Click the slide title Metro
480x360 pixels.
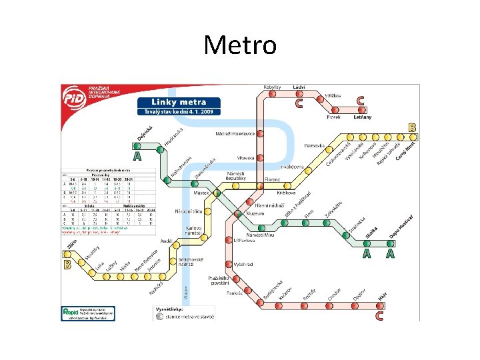pyautogui.click(x=240, y=45)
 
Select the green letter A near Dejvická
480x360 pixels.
pyautogui.click(x=137, y=157)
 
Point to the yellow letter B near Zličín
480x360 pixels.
pyautogui.click(x=67, y=264)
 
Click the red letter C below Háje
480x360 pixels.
pyautogui.click(x=379, y=315)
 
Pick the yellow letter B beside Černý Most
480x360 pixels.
pyautogui.click(x=413, y=127)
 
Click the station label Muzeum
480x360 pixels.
pyautogui.click(x=256, y=213)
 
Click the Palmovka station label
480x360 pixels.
pyautogui.click(x=313, y=145)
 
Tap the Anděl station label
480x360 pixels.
pyautogui.click(x=167, y=241)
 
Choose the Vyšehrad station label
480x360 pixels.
pyautogui.click(x=244, y=264)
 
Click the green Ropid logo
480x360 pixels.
pyautogui.click(x=71, y=311)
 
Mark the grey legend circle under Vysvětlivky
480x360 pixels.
pyautogui.click(x=159, y=317)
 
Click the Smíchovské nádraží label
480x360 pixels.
pyautogui.click(x=191, y=261)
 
